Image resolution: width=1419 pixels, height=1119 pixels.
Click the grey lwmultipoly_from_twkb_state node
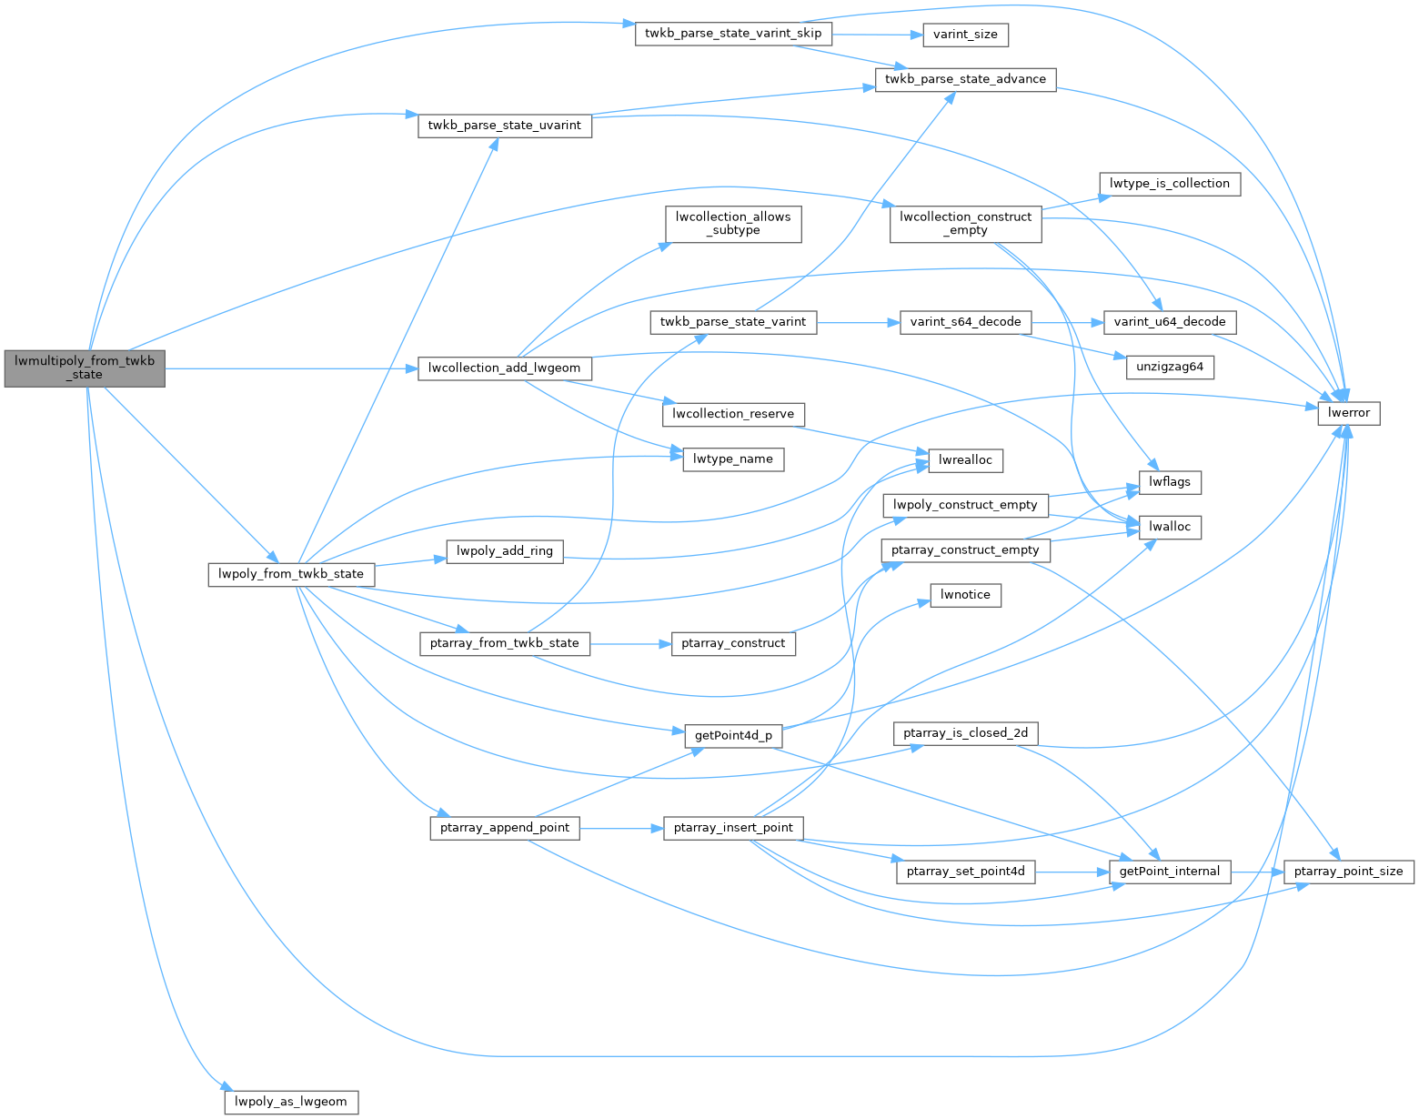(x=85, y=368)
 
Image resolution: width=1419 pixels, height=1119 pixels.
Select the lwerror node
(x=1349, y=413)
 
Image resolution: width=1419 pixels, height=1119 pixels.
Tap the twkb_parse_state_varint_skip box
(x=732, y=34)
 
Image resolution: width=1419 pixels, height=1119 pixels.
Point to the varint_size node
(x=965, y=35)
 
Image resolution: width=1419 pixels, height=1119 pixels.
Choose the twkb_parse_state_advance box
(x=965, y=79)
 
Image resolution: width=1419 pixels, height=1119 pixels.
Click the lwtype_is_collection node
(x=1169, y=184)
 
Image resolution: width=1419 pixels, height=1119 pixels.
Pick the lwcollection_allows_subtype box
(x=733, y=224)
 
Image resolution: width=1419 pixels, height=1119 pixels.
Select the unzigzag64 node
(x=1169, y=368)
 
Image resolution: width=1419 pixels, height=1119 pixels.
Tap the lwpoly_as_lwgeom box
(x=291, y=1102)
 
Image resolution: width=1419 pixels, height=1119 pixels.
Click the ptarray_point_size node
(x=1348, y=872)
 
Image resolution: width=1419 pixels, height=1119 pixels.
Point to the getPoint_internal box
(x=1169, y=872)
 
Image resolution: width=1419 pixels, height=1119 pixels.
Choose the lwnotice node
(x=965, y=595)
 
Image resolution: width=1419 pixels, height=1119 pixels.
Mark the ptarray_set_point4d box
(x=965, y=872)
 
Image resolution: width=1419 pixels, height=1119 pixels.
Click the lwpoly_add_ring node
(x=505, y=551)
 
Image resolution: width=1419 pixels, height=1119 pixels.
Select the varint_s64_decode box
(x=965, y=322)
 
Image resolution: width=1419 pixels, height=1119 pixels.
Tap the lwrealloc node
(x=965, y=460)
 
